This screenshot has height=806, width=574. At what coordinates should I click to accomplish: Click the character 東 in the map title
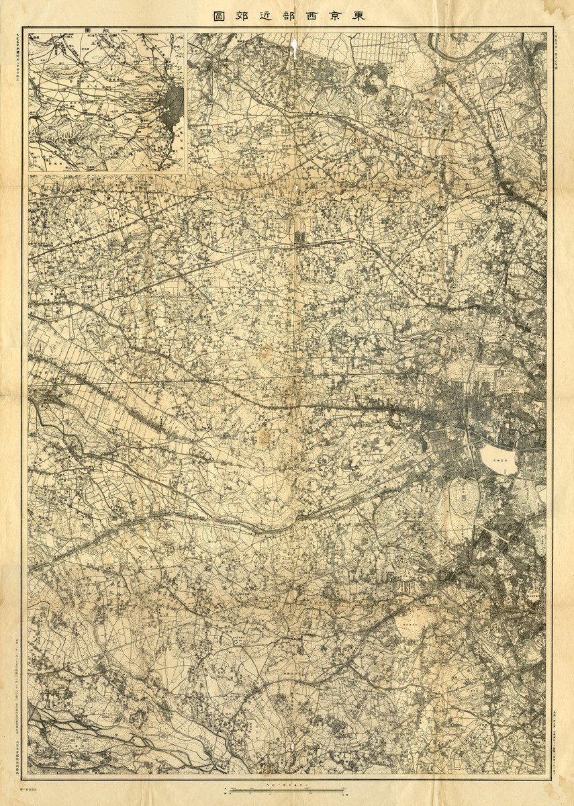point(360,16)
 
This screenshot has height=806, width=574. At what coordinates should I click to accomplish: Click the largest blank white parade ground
point(498,459)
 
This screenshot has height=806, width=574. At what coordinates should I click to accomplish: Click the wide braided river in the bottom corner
point(101,735)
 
